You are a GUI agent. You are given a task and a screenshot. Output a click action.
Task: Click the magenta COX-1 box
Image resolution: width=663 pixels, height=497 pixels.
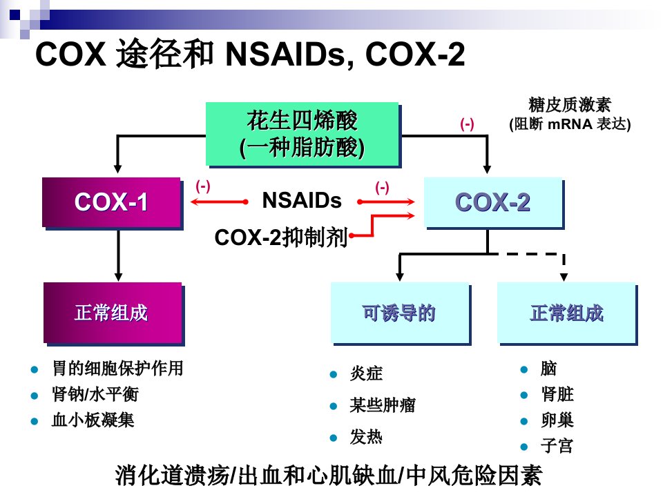112,203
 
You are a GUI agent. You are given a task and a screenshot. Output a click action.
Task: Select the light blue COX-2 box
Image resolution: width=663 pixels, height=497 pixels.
493,203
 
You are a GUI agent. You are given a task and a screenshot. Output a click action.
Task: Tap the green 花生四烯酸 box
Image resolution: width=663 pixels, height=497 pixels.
302,135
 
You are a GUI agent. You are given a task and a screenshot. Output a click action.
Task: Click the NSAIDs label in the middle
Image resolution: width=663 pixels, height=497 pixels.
302,200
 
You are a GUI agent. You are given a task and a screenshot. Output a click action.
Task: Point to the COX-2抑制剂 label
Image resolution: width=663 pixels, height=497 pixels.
281,237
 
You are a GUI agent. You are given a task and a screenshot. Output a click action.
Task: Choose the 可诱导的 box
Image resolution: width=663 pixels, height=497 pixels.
400,313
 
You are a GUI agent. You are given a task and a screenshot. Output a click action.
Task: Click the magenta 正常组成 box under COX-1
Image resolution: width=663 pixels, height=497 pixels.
113,313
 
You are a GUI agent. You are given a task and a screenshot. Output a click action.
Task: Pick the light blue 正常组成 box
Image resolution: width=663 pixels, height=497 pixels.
567,313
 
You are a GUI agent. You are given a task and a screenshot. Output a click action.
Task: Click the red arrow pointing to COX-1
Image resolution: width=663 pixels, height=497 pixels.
219,202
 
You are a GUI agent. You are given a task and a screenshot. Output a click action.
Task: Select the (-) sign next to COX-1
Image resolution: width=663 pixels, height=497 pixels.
203,186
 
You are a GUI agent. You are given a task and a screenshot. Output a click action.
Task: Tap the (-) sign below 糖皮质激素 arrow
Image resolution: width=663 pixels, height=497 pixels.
467,124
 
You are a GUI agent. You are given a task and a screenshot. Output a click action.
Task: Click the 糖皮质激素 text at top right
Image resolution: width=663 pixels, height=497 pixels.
570,105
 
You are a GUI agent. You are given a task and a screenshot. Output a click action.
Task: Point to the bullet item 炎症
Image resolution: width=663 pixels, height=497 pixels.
366,373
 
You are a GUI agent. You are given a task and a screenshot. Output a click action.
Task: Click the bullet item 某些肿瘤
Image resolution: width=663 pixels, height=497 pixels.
382,405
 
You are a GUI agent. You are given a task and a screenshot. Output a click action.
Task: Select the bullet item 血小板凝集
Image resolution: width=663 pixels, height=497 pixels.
93,420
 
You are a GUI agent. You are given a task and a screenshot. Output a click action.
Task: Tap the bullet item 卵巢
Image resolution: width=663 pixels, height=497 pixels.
557,420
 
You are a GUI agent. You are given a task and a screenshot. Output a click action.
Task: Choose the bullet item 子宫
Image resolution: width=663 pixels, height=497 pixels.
557,446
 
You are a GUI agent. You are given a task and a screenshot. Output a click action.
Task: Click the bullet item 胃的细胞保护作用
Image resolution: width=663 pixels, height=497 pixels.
117,368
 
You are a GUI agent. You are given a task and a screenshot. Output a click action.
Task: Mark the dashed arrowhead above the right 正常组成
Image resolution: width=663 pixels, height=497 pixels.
564,277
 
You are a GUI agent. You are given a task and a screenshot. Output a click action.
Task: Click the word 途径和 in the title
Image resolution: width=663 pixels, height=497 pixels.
165,54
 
